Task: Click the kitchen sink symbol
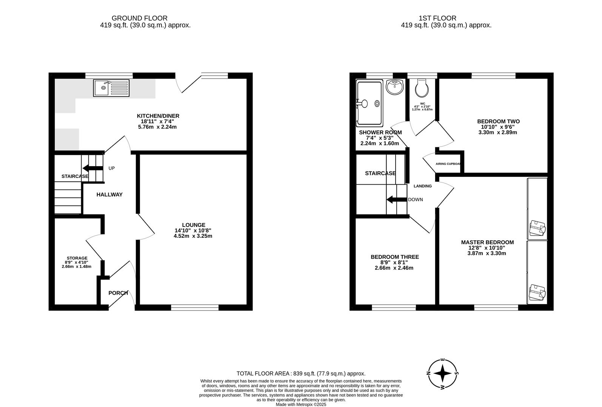[x=111, y=88]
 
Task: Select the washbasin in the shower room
[x=395, y=88]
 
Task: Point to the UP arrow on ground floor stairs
[x=93, y=168]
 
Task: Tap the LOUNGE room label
[x=193, y=225]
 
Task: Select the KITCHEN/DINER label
[x=158, y=116]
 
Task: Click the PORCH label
[x=118, y=293]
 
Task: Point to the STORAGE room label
[x=77, y=258]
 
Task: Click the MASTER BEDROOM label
[x=487, y=242]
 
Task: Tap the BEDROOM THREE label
[x=394, y=257]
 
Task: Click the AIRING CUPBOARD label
[x=448, y=164]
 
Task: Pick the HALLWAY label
[x=109, y=194]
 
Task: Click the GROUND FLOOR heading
[x=139, y=18]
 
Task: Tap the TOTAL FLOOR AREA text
[x=301, y=373]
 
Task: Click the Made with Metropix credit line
[x=301, y=404]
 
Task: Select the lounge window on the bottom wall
[x=195, y=308]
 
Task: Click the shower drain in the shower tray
[x=377, y=103]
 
